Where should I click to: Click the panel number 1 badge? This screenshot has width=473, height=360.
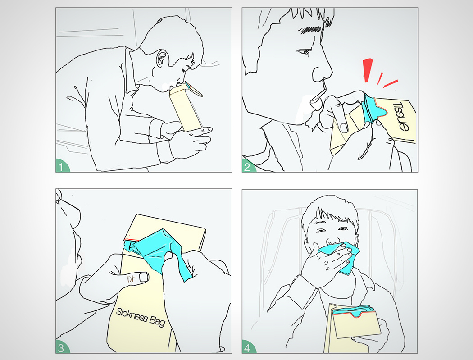click(62, 166)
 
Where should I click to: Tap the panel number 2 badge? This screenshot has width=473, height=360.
click(248, 166)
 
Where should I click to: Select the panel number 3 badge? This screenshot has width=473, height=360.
click(62, 347)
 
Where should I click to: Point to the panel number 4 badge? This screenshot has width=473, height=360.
click(248, 347)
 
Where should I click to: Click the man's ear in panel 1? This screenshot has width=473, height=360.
click(162, 59)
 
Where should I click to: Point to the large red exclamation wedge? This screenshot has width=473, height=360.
click(368, 70)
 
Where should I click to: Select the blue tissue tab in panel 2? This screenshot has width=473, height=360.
click(373, 108)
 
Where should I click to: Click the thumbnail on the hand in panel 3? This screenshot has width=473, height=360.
click(144, 277)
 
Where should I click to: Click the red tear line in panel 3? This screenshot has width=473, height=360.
click(131, 240)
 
